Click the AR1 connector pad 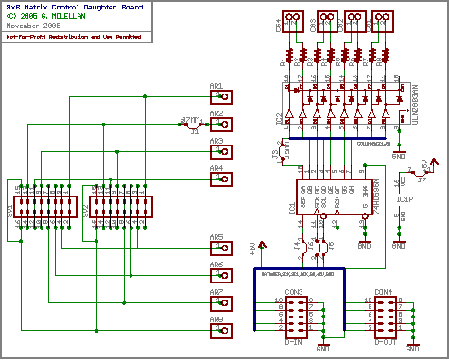(x=216, y=94)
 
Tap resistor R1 (x=289, y=62)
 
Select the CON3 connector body (x=295, y=315)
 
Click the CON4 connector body (x=384, y=315)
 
